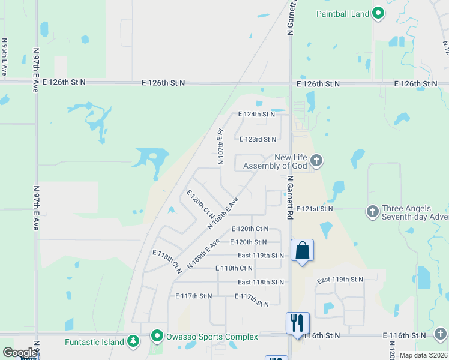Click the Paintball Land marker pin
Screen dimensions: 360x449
click(378, 13)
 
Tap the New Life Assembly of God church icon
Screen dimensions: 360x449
click(317, 160)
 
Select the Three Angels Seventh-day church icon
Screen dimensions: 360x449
click(372, 211)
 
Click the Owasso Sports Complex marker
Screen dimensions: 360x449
click(157, 336)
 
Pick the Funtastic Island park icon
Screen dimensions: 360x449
click(133, 342)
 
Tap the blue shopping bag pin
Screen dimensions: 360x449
click(302, 250)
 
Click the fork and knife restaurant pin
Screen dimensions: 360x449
click(297, 323)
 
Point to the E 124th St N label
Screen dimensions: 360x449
click(256, 114)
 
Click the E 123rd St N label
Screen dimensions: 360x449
click(258, 139)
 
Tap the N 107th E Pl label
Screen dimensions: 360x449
click(221, 146)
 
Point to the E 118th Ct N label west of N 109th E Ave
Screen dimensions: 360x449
click(167, 262)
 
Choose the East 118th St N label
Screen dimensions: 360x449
click(261, 282)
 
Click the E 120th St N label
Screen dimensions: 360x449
click(248, 242)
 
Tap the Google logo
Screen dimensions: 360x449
click(20, 353)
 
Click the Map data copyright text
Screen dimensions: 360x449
click(423, 355)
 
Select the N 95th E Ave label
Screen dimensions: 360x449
click(5, 57)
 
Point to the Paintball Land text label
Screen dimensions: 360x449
click(343, 14)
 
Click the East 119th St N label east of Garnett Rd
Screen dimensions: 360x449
click(340, 280)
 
